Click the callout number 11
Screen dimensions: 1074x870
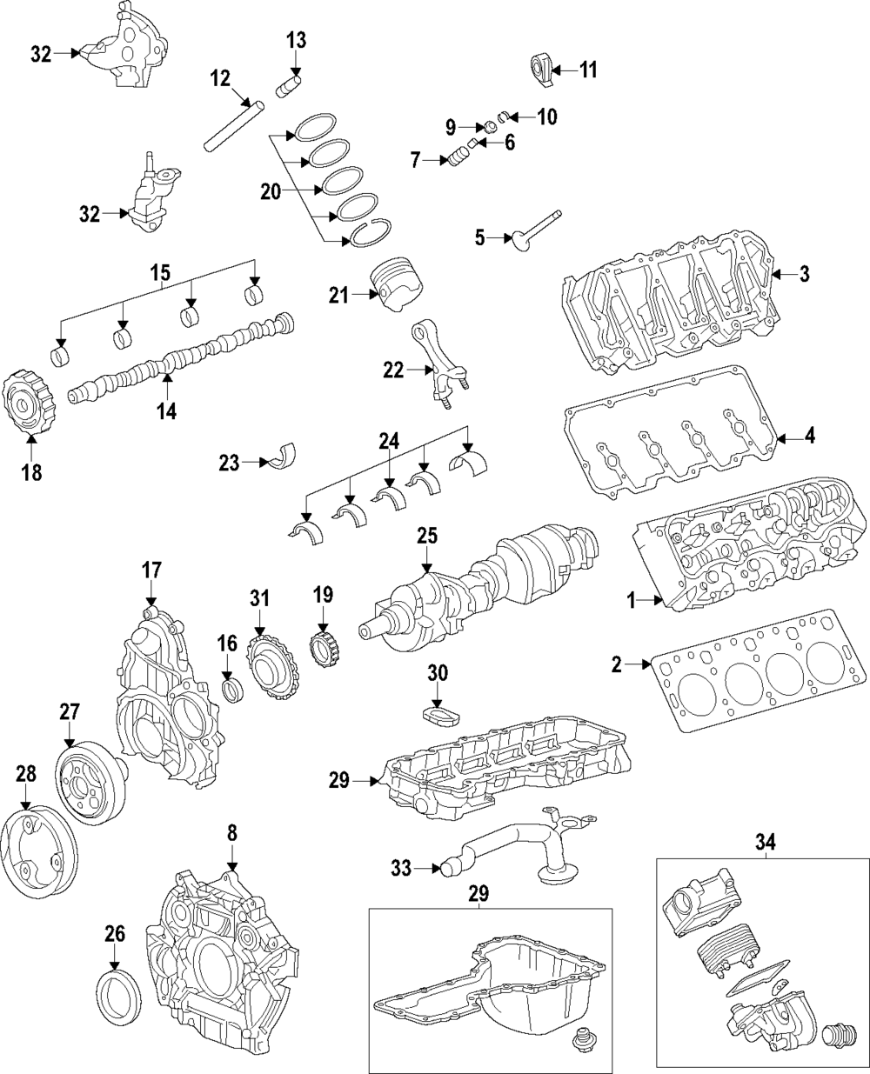(588, 70)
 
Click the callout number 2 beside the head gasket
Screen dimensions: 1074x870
(617, 666)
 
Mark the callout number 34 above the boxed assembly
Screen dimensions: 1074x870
(764, 841)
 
